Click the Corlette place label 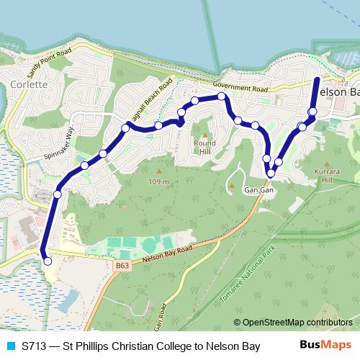point(30,84)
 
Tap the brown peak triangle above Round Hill point(204,135)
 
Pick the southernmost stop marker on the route point(48,261)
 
